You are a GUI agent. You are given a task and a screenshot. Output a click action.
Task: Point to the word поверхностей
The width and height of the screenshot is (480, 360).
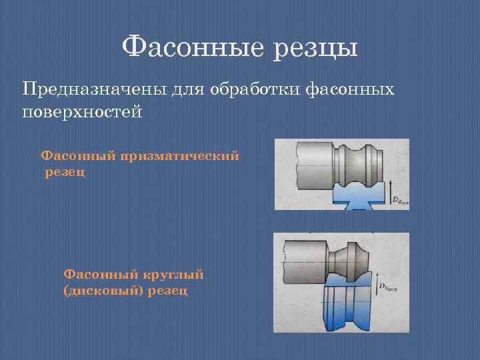[83, 111]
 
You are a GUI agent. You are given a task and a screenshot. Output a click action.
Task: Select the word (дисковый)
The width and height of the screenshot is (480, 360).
[103, 291]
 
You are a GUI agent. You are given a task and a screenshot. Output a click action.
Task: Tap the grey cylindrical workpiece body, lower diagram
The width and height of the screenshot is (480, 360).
[303, 257]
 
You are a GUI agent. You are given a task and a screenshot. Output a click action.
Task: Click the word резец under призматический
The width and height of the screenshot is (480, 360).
[65, 173]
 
